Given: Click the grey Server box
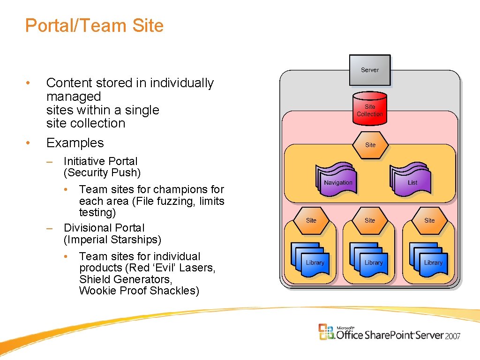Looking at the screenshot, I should (x=370, y=70).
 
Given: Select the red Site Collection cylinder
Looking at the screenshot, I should (x=370, y=110).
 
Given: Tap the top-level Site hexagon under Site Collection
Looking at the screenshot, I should (x=370, y=145).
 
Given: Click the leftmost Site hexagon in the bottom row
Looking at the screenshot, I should (x=311, y=220).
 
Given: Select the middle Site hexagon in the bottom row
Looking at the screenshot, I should (x=370, y=220).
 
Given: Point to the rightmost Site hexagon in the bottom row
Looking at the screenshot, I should (x=429, y=220).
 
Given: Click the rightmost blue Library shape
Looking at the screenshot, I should (x=432, y=262).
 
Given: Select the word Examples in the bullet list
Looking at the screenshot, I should (x=75, y=143).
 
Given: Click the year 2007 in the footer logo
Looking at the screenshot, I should (x=453, y=336).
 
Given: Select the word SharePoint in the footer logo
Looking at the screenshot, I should (x=390, y=335).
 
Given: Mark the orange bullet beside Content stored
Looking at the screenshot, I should (x=29, y=83).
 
